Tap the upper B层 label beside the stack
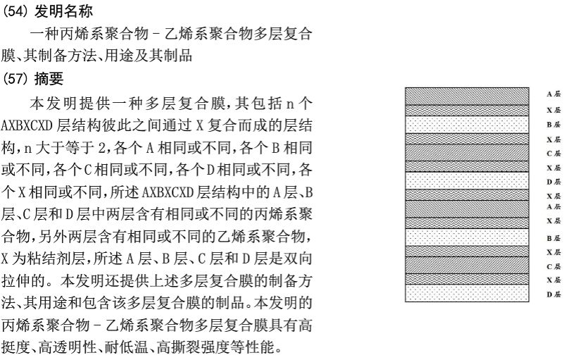pos(553,125)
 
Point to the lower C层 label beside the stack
pos(553,266)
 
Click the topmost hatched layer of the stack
pos(467,95)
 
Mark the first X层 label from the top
pos(553,111)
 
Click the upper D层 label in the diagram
pos(553,182)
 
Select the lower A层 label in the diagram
pos(553,206)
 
